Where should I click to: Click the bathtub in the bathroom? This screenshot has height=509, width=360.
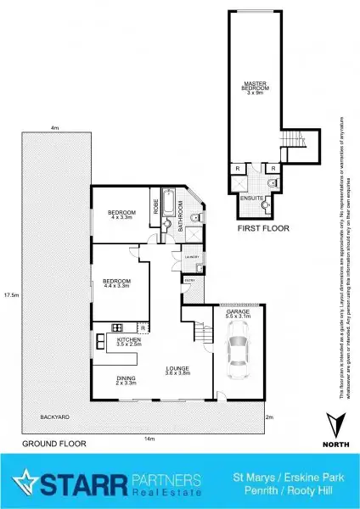pyautogui.click(x=168, y=204)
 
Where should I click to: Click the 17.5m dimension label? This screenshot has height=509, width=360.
pyautogui.click(x=11, y=295)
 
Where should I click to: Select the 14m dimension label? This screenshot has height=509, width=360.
pyautogui.click(x=149, y=438)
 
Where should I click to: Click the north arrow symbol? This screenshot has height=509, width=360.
pyautogui.click(x=336, y=422)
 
